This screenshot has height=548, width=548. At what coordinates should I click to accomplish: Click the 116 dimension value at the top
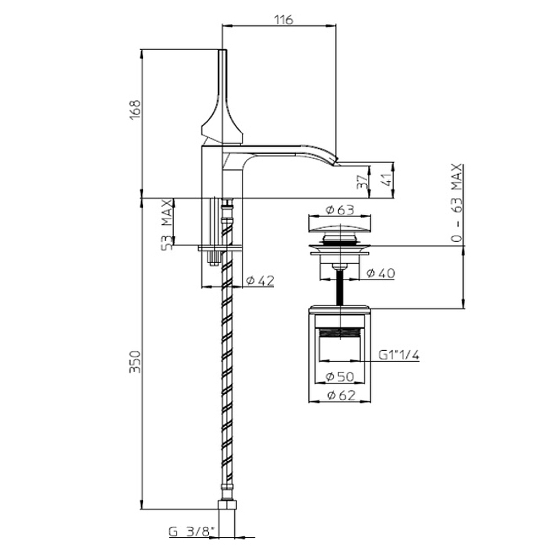pyautogui.click(x=284, y=20)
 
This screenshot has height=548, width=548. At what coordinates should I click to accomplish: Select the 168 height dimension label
pyautogui.click(x=135, y=110)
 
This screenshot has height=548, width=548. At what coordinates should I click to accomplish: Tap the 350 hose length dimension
pyautogui.click(x=135, y=362)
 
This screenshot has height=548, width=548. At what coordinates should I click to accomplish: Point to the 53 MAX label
pyautogui.click(x=167, y=225)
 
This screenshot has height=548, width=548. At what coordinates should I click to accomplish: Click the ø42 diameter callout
pyautogui.click(x=260, y=280)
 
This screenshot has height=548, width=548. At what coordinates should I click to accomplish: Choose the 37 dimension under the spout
pyautogui.click(x=362, y=182)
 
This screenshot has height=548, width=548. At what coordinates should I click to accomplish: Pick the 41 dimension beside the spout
pyautogui.click(x=387, y=179)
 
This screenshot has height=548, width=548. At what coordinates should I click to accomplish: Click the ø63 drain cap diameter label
pyautogui.click(x=340, y=210)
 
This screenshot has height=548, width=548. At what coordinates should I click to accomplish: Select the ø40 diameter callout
pyautogui.click(x=381, y=273)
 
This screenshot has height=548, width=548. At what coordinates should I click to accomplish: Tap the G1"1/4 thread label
pyautogui.click(x=399, y=355)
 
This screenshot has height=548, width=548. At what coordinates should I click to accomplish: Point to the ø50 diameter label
pyautogui.click(x=340, y=376)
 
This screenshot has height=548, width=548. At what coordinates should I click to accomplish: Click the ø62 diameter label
pyautogui.click(x=341, y=395)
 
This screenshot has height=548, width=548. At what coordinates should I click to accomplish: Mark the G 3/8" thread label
pyautogui.click(x=191, y=532)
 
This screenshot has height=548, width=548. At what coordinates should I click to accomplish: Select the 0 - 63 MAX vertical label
pyautogui.click(x=457, y=203)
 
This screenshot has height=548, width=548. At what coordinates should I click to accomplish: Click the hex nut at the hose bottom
pyautogui.click(x=227, y=505)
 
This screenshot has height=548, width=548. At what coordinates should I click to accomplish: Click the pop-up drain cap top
pyautogui.click(x=340, y=225)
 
